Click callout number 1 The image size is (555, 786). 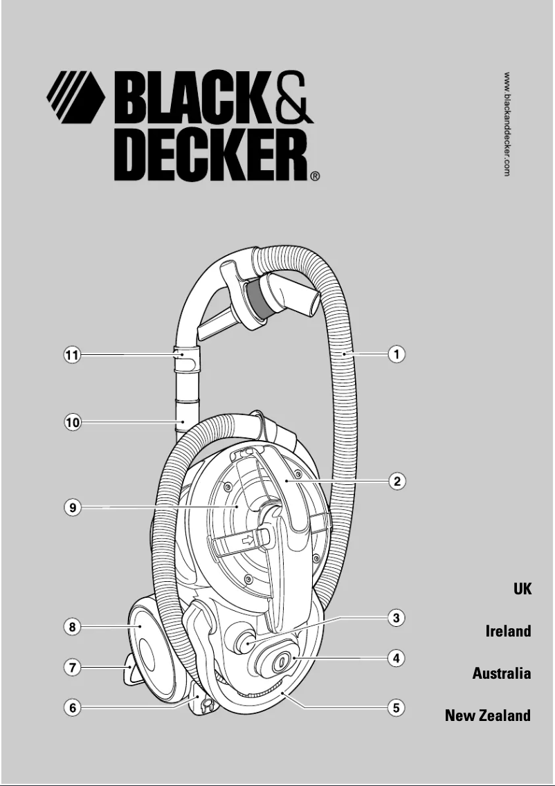point(396,354)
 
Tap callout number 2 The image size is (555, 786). point(396,481)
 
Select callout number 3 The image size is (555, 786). point(396,618)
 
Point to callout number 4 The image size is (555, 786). point(396,658)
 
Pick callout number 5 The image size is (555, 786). point(396,708)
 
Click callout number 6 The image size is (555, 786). point(72,708)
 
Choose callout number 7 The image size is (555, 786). point(72,668)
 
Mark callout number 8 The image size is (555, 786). point(72,628)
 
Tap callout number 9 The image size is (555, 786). point(72,508)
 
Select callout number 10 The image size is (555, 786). point(72,421)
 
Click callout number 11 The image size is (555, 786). point(72,356)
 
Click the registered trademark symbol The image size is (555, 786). point(315,176)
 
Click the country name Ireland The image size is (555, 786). point(508,631)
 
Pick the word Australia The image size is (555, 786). point(502,673)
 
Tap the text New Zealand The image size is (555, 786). point(488,715)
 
